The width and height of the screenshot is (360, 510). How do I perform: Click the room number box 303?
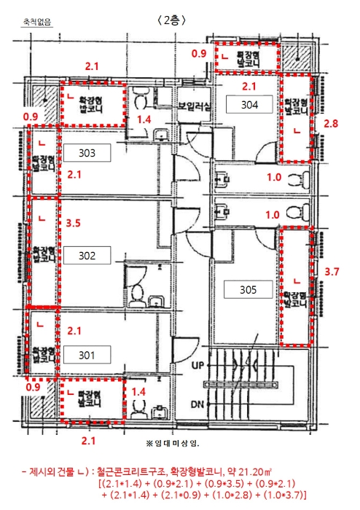(87, 153)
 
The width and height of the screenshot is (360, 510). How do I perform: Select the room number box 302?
(87, 255)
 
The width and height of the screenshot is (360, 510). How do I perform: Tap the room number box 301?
(87, 355)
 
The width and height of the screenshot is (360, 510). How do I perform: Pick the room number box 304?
(249, 104)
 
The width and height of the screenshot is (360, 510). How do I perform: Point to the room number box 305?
(248, 289)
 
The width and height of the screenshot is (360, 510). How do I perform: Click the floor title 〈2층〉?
(172, 20)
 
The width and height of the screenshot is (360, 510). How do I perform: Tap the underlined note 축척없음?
(36, 22)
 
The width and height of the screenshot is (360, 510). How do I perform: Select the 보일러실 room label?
(195, 106)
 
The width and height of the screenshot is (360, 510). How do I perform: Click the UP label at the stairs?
(197, 365)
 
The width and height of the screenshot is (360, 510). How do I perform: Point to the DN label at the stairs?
(197, 404)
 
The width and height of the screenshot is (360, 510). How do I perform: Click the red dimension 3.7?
(332, 271)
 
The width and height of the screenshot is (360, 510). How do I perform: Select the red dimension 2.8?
(331, 124)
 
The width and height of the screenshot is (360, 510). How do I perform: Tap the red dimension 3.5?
(73, 223)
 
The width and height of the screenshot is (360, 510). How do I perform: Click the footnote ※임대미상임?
(173, 443)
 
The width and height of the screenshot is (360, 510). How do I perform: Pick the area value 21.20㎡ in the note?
(255, 471)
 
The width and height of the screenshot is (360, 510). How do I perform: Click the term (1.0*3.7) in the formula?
(285, 495)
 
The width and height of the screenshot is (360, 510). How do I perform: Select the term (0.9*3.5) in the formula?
(224, 483)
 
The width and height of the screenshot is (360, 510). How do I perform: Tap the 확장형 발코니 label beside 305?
(295, 299)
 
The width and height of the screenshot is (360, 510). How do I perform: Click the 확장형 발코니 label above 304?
(248, 58)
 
